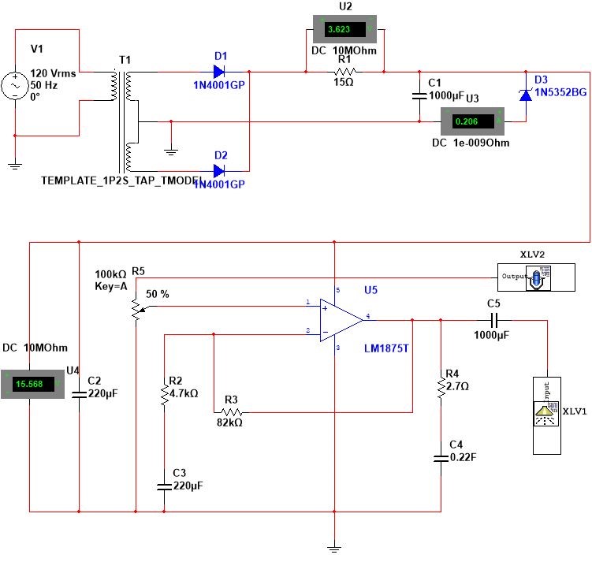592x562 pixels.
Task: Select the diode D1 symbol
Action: (220, 73)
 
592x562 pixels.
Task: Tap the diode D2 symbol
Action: (220, 170)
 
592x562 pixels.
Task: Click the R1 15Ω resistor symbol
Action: (344, 73)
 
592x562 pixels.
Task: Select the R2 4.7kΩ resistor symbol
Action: (164, 393)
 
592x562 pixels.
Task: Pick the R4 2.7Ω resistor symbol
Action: (441, 387)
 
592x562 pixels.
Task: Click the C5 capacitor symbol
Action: (494, 320)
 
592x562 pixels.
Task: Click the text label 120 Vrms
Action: (53, 73)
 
